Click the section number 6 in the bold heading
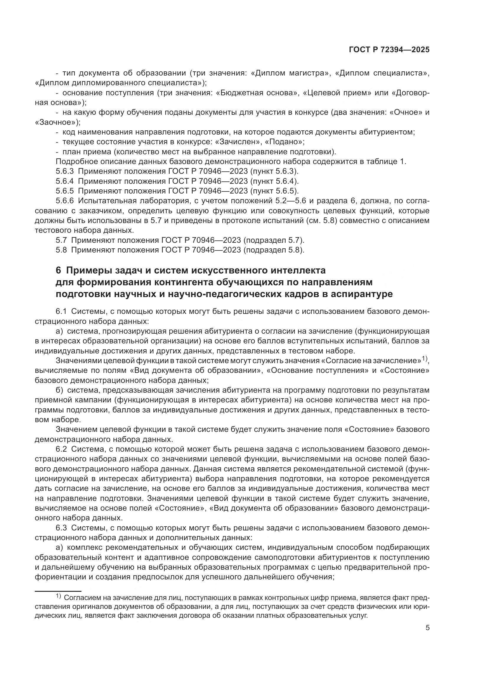[x=58, y=271]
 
